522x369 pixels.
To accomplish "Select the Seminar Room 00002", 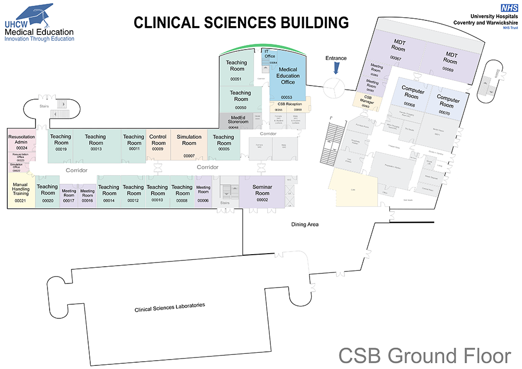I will click(x=262, y=193).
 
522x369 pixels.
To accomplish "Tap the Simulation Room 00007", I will click(x=189, y=145).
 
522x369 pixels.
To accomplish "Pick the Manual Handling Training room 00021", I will click(x=20, y=193).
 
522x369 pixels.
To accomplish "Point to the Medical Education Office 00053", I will click(x=288, y=78).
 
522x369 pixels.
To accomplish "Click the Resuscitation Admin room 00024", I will click(x=21, y=140).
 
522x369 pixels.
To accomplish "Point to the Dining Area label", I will click(x=305, y=224).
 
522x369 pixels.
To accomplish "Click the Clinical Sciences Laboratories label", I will click(x=170, y=307).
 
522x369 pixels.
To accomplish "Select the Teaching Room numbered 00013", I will click(x=96, y=142).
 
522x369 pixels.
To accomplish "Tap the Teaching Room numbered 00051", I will click(x=236, y=69).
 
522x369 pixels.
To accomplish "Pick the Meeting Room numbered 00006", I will click(x=203, y=193).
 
